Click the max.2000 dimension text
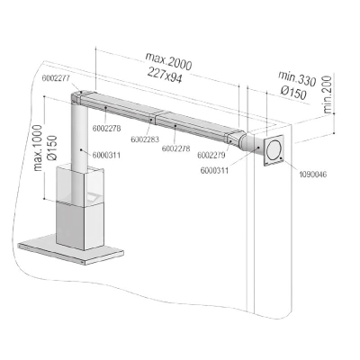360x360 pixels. [x=168, y=61]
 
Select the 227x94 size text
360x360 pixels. [x=165, y=75]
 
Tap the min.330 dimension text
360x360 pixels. [x=297, y=78]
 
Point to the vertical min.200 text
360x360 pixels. [x=328, y=94]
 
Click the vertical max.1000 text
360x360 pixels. [x=39, y=148]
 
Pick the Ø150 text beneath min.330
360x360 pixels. [x=293, y=92]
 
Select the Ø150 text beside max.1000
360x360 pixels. [x=52, y=148]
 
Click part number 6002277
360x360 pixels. [x=56, y=78]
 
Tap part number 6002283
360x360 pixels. [x=145, y=139]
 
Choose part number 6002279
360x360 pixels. [x=211, y=155]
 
